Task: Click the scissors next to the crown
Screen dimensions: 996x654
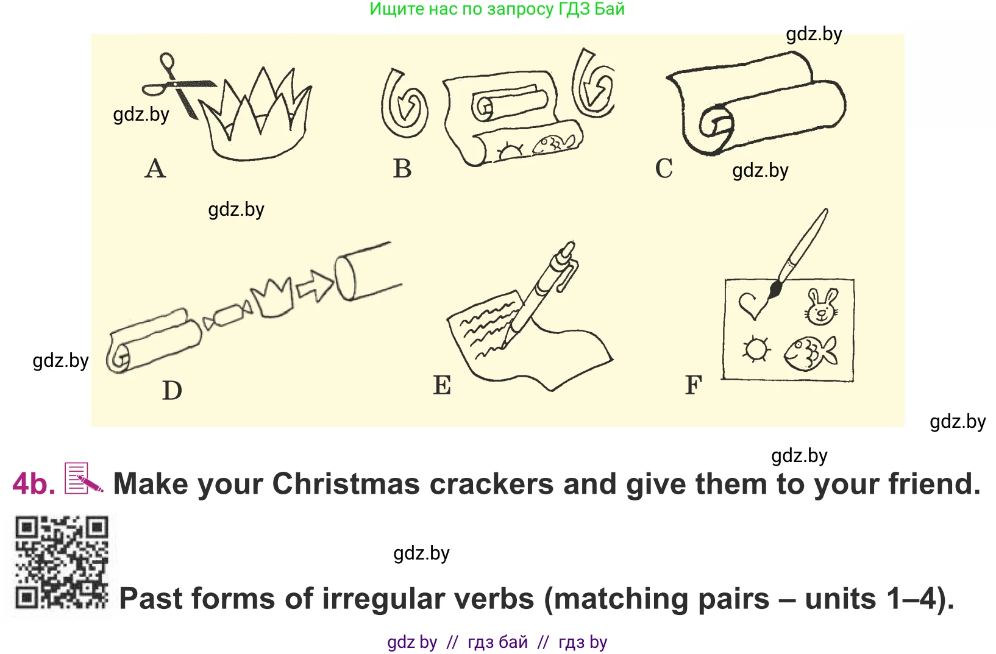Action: coord(177,85)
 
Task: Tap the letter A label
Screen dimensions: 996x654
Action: coord(155,169)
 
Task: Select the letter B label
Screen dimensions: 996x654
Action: coord(402,169)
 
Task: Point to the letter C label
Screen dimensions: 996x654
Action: coord(664,169)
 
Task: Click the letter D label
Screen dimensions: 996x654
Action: coord(172,391)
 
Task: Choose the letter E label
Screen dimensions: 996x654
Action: coord(442,385)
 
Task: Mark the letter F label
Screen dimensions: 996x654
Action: coord(694,385)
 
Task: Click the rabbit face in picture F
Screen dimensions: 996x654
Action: coord(821,307)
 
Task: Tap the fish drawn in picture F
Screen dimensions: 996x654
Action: coord(809,354)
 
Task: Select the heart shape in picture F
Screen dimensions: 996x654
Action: coord(752,305)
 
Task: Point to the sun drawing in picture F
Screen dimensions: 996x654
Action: coord(755,349)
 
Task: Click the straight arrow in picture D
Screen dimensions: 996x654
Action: coord(315,286)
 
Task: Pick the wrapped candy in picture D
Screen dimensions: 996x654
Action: coord(227,316)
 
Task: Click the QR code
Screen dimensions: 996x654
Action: coord(62,562)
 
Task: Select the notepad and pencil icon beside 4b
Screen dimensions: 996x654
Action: coord(84,478)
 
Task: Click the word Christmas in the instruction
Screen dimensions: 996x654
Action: coord(346,484)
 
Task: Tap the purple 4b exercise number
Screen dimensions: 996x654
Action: coord(34,484)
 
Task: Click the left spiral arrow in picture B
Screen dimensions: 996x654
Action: coord(404,103)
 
